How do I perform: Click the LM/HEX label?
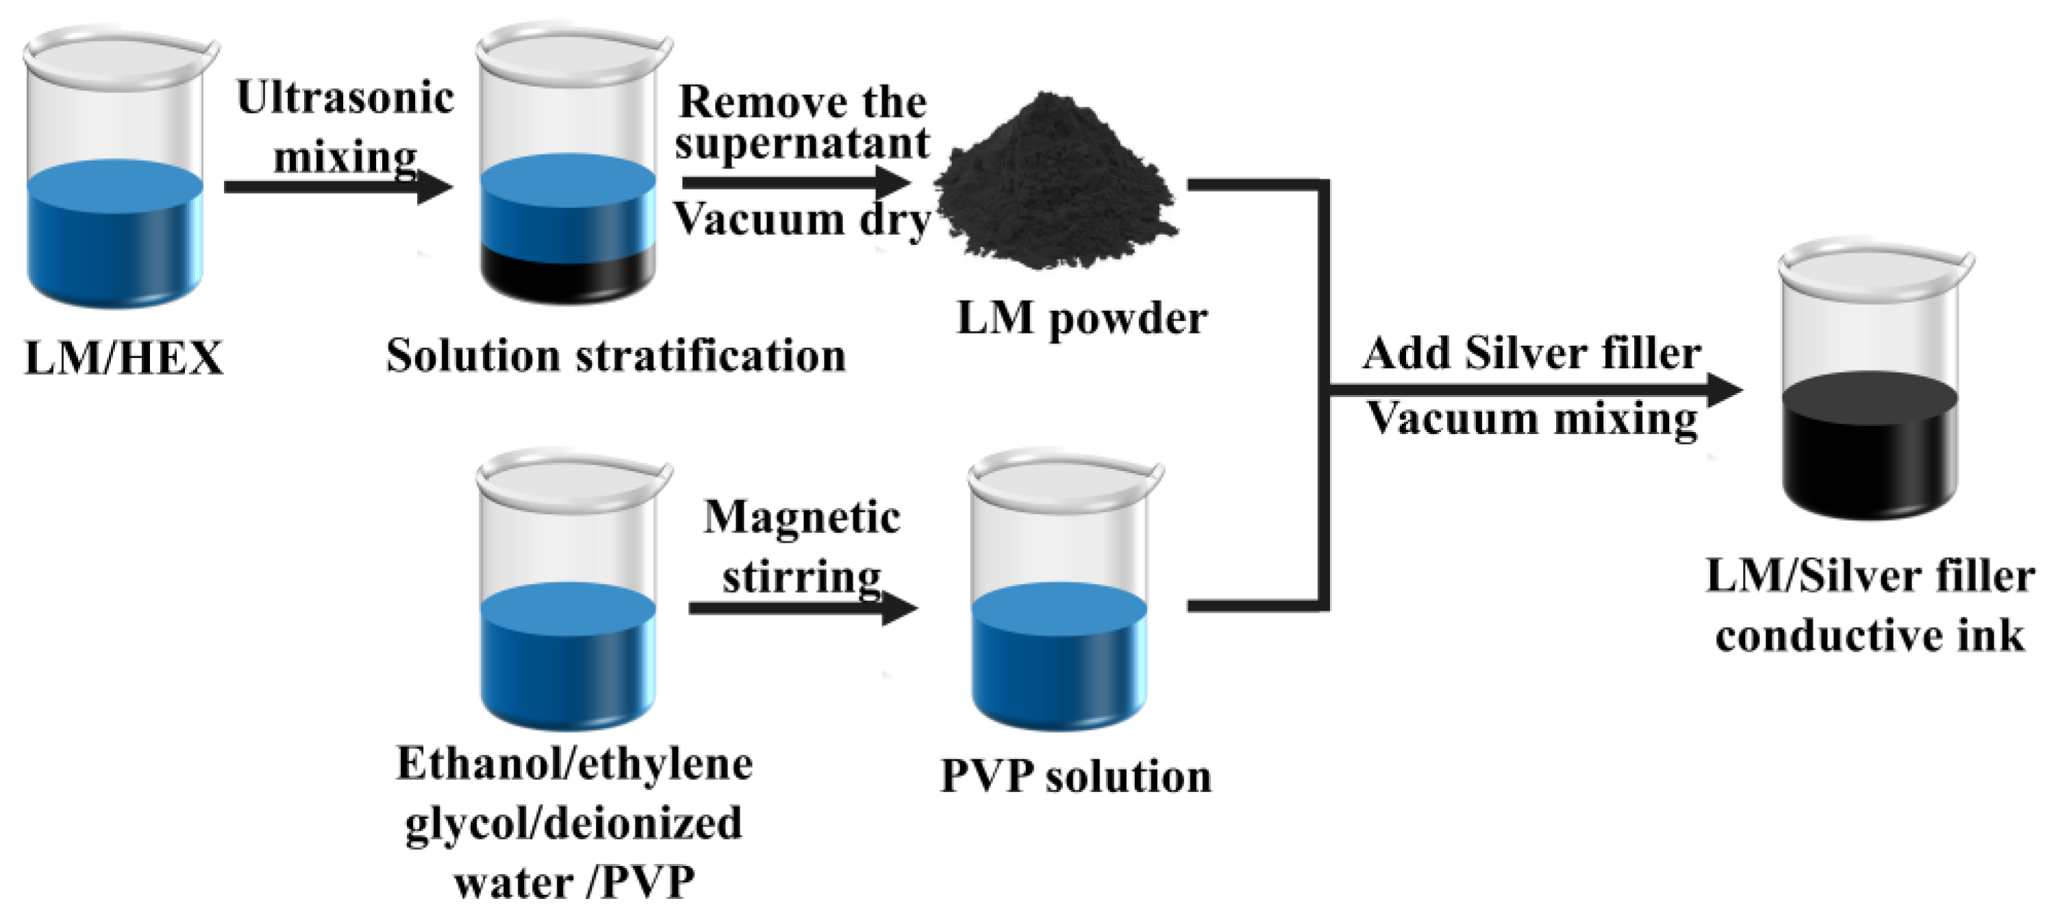124,357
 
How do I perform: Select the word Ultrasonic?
344,97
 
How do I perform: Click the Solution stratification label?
616,356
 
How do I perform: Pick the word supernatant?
801,144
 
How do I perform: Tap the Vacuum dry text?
801,218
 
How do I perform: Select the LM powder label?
1081,318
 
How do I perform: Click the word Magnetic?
801,517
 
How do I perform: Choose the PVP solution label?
1075,776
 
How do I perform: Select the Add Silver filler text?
1531,353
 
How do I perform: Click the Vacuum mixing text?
1531,419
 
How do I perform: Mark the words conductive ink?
1869,637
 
